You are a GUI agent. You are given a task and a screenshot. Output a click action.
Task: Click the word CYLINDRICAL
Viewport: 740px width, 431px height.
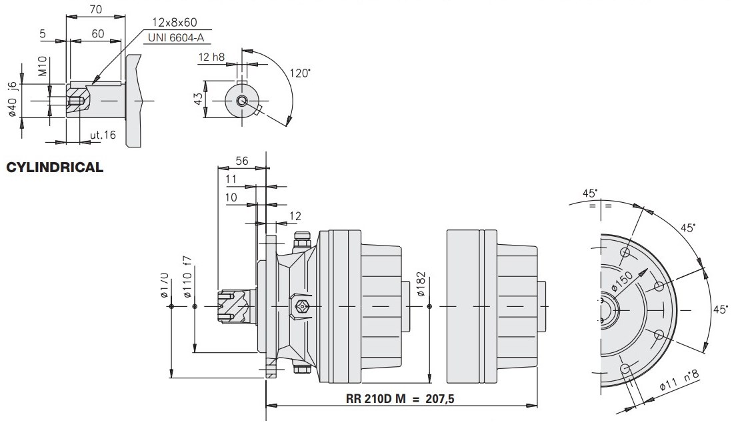55,167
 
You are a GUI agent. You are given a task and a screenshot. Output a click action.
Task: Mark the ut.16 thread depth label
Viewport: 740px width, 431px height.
103,135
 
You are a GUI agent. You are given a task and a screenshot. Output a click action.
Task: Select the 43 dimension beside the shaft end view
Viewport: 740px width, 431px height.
197,99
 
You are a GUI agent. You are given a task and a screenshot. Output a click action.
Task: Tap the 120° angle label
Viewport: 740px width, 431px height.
300,73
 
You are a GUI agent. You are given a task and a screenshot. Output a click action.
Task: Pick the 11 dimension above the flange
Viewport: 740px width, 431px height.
231,179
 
